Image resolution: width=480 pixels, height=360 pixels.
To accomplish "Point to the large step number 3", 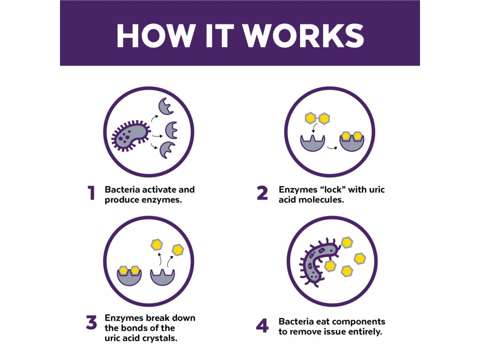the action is [91, 322].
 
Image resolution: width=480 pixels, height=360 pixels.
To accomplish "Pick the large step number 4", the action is [262, 326].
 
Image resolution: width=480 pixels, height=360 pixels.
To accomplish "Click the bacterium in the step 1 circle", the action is [131, 135].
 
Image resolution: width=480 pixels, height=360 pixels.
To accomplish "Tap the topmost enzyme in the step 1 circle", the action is [166, 106].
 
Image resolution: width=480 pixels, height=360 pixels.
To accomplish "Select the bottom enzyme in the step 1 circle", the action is [167, 150].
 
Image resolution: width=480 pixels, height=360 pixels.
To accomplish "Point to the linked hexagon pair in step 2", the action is [317, 118].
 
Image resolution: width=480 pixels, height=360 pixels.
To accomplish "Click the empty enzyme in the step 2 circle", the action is [312, 143].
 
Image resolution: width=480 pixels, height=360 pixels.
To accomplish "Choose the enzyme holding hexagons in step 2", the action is [352, 142].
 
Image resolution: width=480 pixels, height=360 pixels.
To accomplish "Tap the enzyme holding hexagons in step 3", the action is [129, 276].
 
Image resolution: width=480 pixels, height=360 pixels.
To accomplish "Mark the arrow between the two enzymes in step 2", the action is [332, 148].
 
